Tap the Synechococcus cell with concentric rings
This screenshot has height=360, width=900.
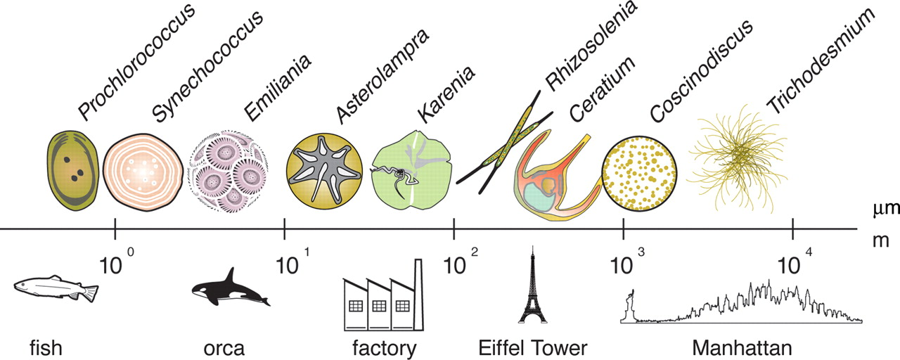pyautogui.click(x=143, y=171)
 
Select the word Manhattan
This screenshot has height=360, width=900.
pyautogui.click(x=741, y=347)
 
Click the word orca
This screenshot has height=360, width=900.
pyautogui.click(x=225, y=347)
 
